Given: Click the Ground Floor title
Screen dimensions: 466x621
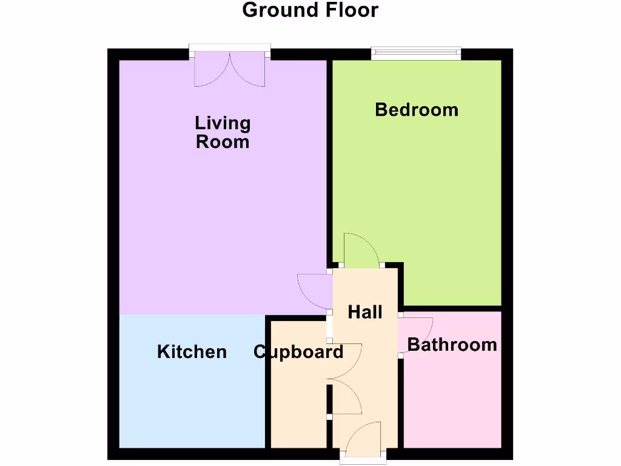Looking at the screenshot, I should (310, 10).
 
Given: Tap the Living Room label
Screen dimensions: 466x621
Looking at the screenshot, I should (223, 132).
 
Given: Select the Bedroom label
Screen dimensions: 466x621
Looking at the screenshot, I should (417, 110).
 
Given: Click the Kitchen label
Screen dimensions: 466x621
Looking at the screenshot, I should (192, 352).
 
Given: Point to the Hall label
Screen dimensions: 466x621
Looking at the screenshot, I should (365, 312).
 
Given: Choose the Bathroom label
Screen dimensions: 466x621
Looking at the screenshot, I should (452, 345).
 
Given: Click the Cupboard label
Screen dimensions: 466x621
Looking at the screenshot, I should (298, 352).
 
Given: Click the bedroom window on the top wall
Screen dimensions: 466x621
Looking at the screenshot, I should (416, 54).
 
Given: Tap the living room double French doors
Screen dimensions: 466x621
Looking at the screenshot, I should (230, 68).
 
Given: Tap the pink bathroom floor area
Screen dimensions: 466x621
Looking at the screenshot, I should (452, 400).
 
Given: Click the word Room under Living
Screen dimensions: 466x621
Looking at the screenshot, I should (223, 142).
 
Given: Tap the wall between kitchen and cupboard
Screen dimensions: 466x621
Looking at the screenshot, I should (267, 388).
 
